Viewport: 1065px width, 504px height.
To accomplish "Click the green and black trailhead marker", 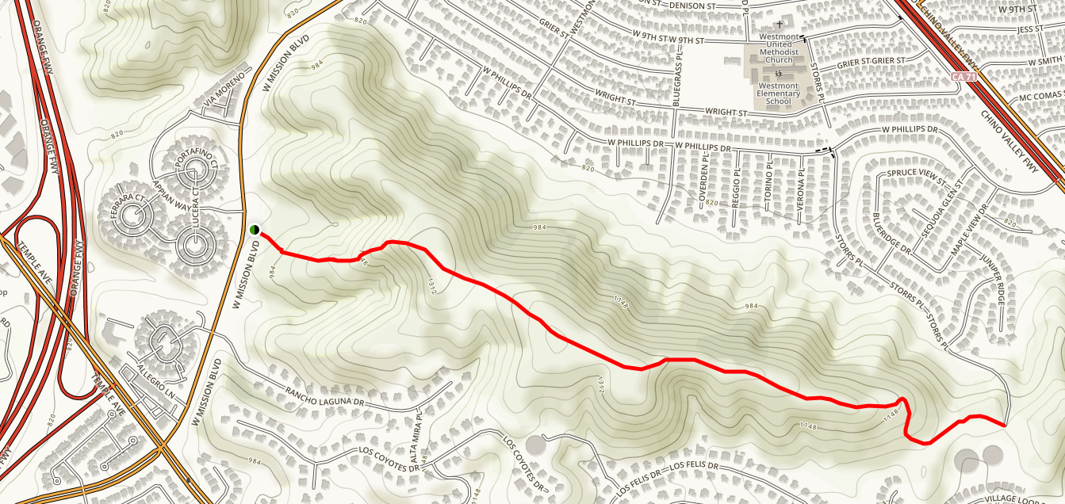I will [x=255, y=230].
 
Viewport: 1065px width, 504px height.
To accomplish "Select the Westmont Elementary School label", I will [x=778, y=94].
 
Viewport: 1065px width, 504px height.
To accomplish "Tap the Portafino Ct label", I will [x=196, y=162].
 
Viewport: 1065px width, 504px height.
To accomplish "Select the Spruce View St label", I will [x=918, y=177].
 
